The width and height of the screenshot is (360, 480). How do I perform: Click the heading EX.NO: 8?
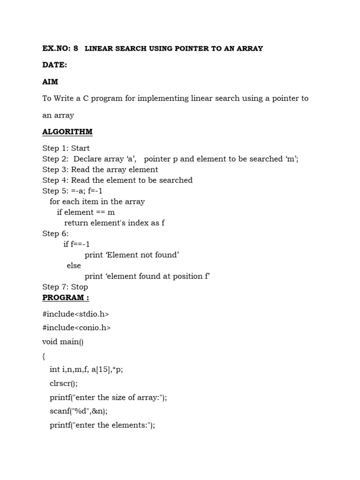60,49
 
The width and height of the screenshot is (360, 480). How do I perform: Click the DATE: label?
54,65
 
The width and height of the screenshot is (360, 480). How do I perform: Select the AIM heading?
50,82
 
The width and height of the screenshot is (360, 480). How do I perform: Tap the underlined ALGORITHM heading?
67,132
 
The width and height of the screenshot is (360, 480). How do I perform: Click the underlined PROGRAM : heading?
66,298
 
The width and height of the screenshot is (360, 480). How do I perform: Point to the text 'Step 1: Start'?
66,148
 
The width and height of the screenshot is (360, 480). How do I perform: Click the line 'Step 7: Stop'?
65,287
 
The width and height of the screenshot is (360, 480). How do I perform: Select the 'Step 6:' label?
55,233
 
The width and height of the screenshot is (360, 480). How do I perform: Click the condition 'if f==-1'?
76,244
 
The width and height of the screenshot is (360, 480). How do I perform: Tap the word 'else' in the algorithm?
74,265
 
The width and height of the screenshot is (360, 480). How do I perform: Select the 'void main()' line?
63,342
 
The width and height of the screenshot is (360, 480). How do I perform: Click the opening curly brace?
44,356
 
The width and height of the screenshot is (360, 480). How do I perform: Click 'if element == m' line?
86,212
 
